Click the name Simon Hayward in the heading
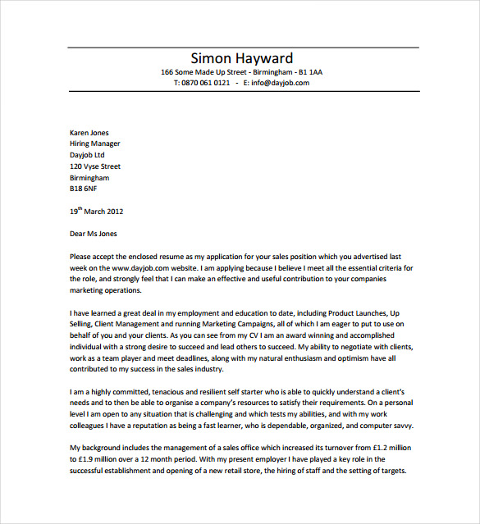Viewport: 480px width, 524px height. [x=241, y=58]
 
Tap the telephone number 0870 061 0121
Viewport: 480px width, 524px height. [x=203, y=83]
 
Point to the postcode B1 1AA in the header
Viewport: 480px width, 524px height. [x=310, y=72]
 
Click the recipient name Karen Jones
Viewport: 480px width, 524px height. [x=89, y=133]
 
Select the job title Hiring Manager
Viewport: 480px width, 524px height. [x=94, y=144]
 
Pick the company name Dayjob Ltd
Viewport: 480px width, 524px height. [x=88, y=155]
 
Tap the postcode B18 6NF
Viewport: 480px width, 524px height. [x=85, y=189]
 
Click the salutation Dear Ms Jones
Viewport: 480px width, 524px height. [x=94, y=234]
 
